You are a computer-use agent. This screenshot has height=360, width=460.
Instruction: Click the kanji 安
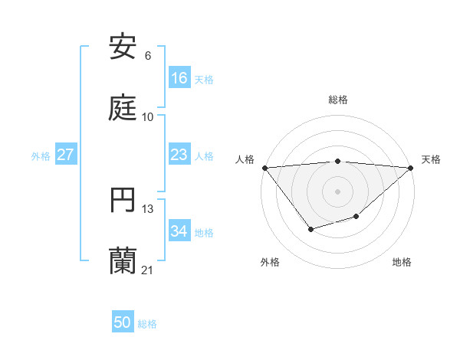tap(123, 47)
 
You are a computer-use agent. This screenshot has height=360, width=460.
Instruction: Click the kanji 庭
tap(123, 108)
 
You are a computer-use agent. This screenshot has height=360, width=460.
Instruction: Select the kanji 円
tap(123, 201)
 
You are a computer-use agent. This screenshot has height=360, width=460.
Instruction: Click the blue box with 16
tap(179, 78)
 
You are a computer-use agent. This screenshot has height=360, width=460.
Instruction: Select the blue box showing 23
tap(179, 155)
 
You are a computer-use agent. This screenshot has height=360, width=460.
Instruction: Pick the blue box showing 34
tap(179, 232)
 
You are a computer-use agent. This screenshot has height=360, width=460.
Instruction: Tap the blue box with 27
tap(66, 155)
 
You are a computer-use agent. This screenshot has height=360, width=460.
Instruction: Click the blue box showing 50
tap(123, 323)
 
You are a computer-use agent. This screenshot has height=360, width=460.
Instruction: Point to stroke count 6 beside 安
tap(148, 56)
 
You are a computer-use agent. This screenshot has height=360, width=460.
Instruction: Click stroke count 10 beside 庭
tap(148, 117)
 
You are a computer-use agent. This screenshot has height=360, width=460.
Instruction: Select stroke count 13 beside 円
tap(148, 209)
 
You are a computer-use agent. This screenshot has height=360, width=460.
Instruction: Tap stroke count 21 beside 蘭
tap(148, 270)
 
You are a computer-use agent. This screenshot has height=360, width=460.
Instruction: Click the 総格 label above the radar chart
tap(338, 100)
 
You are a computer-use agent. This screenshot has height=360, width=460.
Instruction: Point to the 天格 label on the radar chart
tap(432, 159)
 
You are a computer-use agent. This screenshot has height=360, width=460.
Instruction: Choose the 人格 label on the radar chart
tap(245, 159)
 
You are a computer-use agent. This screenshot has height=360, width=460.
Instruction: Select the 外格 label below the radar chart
tap(270, 262)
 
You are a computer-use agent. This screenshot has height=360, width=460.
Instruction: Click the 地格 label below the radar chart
tap(402, 262)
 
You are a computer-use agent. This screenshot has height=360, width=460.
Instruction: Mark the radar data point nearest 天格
tap(411, 167)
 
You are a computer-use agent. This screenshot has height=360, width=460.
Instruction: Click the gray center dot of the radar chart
tap(338, 191)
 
